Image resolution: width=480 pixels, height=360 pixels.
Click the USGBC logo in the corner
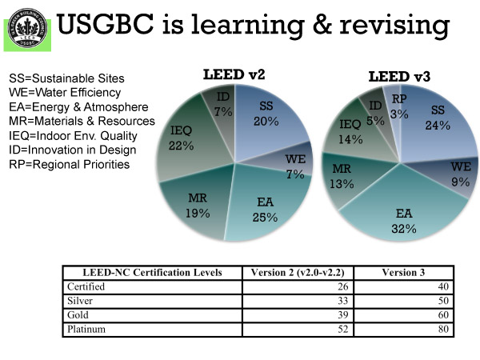pos(26,27)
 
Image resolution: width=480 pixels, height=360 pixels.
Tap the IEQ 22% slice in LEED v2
pos(182,140)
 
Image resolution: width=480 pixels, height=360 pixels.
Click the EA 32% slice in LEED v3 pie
pos(405,220)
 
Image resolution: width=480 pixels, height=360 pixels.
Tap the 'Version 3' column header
pos(403,272)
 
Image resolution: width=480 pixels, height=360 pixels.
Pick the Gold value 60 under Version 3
pos(442,314)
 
